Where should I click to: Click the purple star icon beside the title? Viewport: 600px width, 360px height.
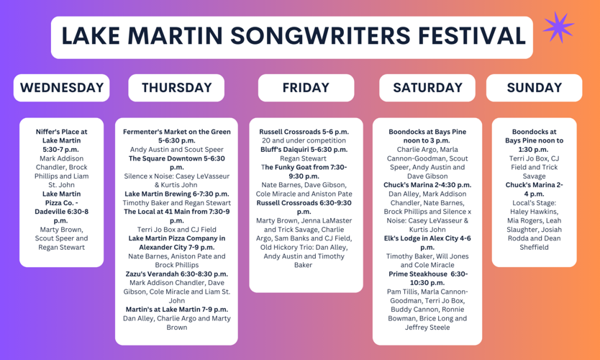[558, 28]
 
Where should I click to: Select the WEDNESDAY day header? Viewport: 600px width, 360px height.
[62, 88]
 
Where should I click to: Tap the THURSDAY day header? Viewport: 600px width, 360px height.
[177, 88]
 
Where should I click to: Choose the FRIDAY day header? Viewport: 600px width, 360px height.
[306, 88]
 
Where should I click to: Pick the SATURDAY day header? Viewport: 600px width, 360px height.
[427, 88]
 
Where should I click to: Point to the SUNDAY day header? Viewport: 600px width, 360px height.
[534, 88]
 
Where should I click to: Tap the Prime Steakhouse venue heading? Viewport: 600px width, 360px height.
[419, 274]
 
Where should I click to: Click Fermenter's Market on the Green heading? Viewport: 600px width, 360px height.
[177, 132]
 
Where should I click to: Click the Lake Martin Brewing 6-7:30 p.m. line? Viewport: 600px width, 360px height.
[177, 194]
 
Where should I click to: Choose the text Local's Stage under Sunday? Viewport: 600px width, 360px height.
[533, 203]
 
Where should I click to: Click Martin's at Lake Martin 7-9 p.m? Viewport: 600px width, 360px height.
[177, 309]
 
